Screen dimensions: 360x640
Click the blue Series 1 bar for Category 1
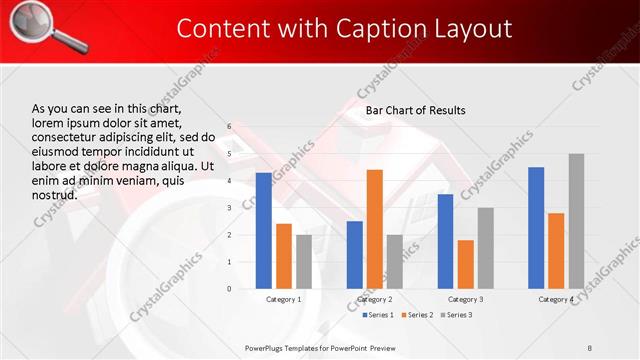[x=263, y=231]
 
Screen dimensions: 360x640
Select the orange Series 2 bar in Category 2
[x=374, y=229]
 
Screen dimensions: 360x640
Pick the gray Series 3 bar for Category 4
[x=576, y=221]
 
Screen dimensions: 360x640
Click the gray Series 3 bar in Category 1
[x=303, y=262]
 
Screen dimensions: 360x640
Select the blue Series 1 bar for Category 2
[x=354, y=255]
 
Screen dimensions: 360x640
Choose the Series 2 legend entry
[x=417, y=316]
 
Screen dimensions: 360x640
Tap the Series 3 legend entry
[x=456, y=316]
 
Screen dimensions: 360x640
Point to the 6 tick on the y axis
[x=229, y=127]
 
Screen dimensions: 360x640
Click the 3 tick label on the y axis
[x=229, y=208]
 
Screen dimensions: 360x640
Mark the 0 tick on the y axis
[x=229, y=289]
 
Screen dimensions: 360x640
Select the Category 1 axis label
[x=284, y=299]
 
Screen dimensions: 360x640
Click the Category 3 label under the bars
[x=466, y=299]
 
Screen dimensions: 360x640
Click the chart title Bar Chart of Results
[x=415, y=110]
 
